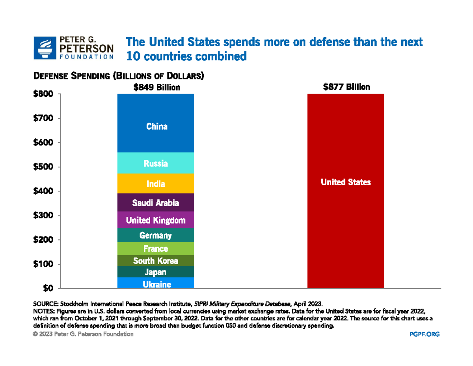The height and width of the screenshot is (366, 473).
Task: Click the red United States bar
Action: click(345, 191)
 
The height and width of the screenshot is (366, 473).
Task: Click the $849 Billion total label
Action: click(157, 87)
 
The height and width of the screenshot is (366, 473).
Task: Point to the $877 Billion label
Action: click(346, 87)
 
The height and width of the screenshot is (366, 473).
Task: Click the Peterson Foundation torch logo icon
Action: click(45, 48)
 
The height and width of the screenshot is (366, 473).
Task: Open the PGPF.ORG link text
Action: click(425, 334)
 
